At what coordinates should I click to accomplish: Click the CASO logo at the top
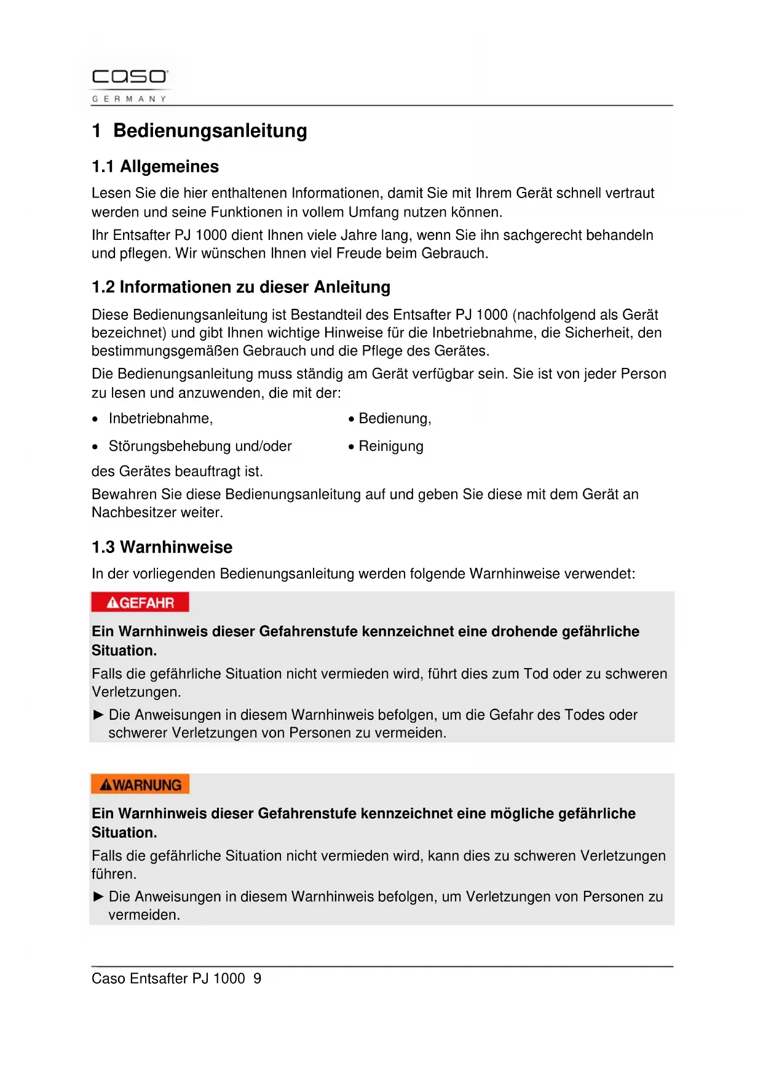click(129, 77)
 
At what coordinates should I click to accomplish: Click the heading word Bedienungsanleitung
click(210, 131)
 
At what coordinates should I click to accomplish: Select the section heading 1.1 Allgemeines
click(155, 167)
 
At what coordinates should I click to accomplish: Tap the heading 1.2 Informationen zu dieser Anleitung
click(240, 287)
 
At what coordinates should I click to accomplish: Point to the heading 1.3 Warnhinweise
click(162, 547)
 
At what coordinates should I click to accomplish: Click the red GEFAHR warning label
click(140, 603)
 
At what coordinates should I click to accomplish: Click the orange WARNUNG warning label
click(140, 785)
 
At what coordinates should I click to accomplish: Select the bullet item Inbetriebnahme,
click(160, 419)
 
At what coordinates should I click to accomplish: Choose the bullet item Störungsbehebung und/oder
click(200, 447)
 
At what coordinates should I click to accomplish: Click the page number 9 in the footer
click(257, 979)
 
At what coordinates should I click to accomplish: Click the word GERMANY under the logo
click(129, 99)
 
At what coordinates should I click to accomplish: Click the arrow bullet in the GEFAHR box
click(98, 715)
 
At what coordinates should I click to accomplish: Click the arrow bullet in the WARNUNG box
click(98, 897)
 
